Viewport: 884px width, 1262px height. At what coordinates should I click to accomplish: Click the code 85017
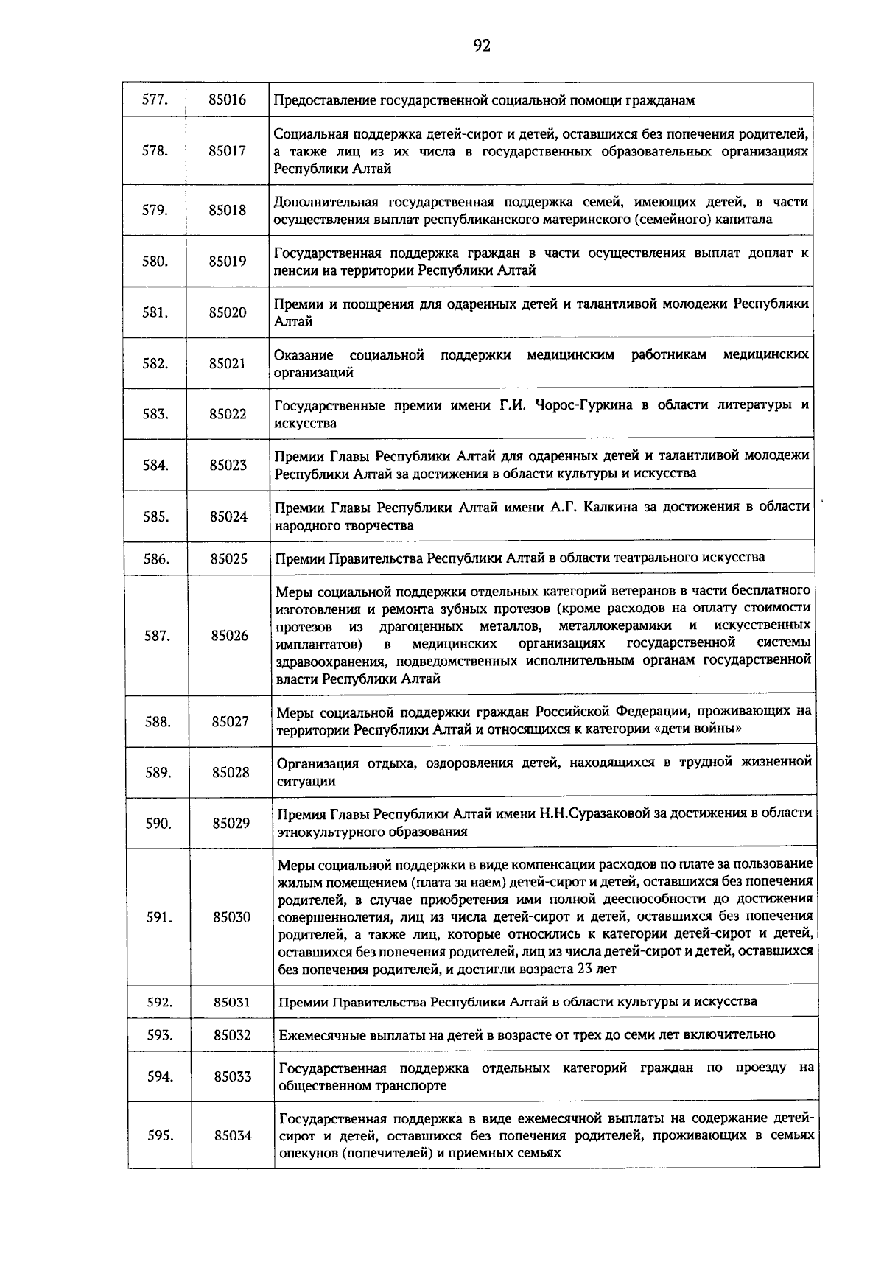pyautogui.click(x=227, y=150)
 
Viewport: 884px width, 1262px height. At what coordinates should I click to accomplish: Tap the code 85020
pyautogui.click(x=227, y=312)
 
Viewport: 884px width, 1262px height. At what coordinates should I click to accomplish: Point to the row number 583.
pyautogui.click(x=155, y=414)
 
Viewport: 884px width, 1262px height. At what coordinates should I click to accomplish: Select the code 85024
pyautogui.click(x=228, y=516)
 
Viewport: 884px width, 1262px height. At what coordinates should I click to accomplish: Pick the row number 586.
pyautogui.click(x=156, y=558)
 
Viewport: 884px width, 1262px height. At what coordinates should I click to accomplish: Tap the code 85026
pyautogui.click(x=229, y=635)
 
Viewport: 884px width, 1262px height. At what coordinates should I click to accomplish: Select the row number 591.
pyautogui.click(x=158, y=916)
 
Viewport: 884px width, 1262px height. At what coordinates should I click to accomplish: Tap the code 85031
pyautogui.click(x=232, y=1001)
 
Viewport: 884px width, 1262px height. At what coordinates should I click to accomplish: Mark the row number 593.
pyautogui.click(x=159, y=1034)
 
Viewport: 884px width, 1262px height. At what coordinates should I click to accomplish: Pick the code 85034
pyautogui.click(x=233, y=1135)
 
